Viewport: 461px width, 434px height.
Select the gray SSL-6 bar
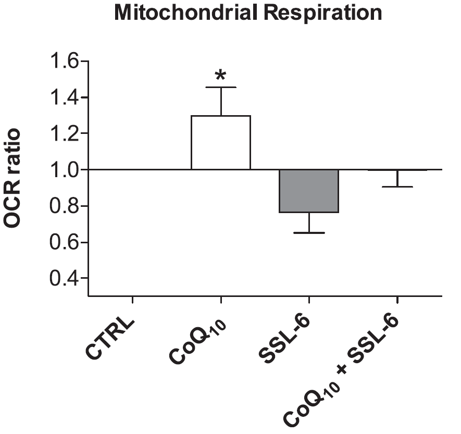tap(309, 191)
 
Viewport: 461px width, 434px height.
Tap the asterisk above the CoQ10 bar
tap(221, 76)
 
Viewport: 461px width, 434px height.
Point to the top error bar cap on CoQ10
tap(221, 87)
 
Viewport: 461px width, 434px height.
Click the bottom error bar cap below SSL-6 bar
tap(309, 232)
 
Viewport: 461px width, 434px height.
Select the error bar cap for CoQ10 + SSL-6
tap(397, 187)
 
